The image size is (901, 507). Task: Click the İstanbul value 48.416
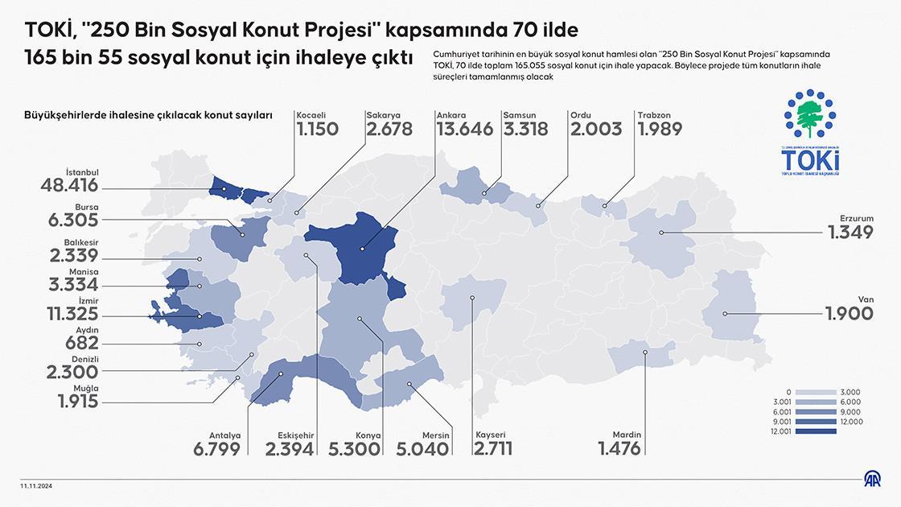[69, 186]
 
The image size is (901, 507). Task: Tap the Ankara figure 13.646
[465, 129]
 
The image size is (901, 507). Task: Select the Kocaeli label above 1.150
[311, 115]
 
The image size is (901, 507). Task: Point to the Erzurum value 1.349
[851, 233]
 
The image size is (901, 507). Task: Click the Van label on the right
[866, 299]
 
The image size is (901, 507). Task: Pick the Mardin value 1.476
[619, 448]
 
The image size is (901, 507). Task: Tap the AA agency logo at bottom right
[872, 480]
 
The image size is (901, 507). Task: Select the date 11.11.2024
[37, 486]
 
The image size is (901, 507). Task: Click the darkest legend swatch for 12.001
[814, 431]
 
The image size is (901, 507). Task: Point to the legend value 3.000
[850, 392]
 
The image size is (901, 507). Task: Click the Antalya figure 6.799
[216, 448]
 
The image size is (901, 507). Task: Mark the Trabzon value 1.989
[660, 129]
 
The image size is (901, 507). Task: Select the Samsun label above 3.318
[520, 115]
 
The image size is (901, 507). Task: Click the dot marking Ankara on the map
[362, 248]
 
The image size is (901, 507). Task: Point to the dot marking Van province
[725, 314]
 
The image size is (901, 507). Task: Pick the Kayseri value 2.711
[493, 448]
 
